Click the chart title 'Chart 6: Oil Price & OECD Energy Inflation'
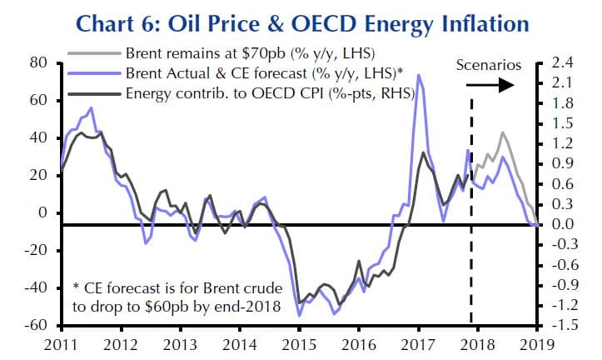coord(300,21)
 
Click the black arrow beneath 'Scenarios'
coord(505,84)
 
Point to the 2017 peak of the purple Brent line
coord(417,76)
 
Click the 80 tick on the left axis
coord(37,62)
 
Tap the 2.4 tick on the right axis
coord(563,62)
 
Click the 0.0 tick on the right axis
coord(563,224)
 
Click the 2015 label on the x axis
coord(298,344)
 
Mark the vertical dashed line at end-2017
coord(472,208)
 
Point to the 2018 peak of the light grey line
coord(502,132)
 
